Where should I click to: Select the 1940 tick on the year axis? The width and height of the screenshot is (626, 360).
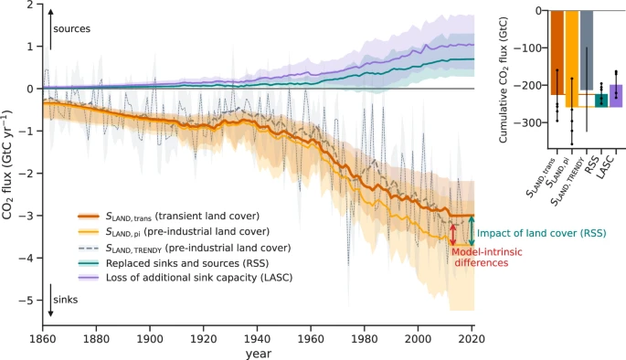click(258, 339)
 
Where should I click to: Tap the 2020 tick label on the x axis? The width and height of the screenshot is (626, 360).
click(472, 339)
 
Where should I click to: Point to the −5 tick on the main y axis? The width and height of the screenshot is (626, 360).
click(29, 301)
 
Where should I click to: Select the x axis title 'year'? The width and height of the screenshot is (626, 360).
click(258, 354)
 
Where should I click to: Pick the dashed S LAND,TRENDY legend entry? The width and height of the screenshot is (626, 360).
click(200, 248)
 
